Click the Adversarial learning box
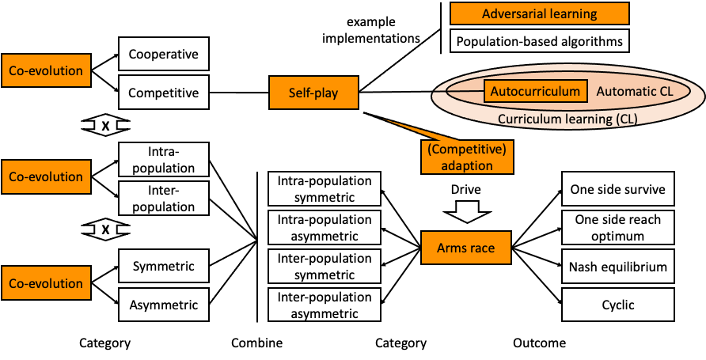[x=539, y=14]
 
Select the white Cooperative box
[x=163, y=55]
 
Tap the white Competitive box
[x=163, y=93]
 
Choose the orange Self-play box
[x=313, y=93]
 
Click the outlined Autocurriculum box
[x=535, y=91]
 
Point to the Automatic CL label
[x=635, y=91]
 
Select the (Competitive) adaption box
[x=467, y=157]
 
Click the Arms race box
[x=465, y=248]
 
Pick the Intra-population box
[x=163, y=159]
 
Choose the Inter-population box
[x=163, y=199]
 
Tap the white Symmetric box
[x=163, y=266]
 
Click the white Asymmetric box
[x=163, y=305]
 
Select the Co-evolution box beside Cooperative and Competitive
[x=46, y=70]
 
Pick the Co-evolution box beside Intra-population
[x=46, y=176]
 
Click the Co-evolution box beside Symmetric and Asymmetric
[x=46, y=283]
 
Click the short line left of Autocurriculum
[x=465, y=91]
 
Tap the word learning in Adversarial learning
[x=571, y=14]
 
